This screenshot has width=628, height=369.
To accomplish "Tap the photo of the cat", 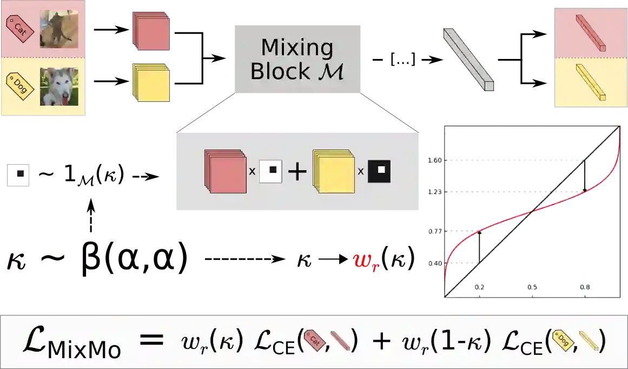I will click(58, 29).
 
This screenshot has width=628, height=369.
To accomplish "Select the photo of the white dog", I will click(58, 86).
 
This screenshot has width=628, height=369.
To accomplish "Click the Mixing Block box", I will click(298, 59).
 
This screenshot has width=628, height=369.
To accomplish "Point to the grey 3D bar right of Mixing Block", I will click(468, 59).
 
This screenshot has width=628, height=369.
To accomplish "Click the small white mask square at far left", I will click(17, 174).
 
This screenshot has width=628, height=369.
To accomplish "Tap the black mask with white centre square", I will click(379, 171).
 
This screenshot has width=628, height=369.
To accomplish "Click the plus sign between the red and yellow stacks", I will click(297, 172).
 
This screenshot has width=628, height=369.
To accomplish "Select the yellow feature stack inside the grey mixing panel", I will click(333, 172).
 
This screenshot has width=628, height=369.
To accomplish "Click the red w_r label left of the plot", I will click(366, 262).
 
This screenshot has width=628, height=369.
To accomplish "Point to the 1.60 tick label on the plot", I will click(434, 160).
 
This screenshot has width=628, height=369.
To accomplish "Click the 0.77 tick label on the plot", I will click(434, 231).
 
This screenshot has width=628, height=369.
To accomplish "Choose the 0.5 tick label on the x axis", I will click(532, 287).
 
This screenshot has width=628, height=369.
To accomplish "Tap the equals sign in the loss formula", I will click(151, 340).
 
